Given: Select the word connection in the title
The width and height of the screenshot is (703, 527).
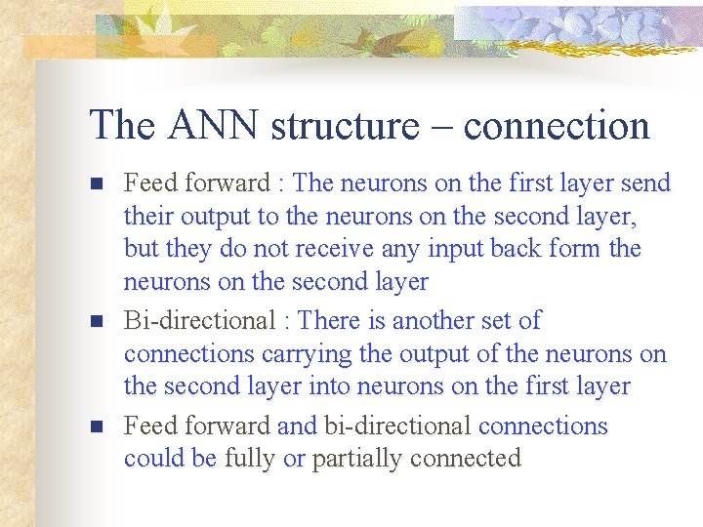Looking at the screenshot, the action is click(557, 126).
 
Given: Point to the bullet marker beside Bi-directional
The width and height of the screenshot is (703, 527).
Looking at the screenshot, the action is click(96, 321).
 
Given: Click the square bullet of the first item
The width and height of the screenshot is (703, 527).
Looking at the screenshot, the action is click(96, 183).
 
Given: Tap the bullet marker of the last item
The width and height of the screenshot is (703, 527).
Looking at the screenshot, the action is click(96, 427).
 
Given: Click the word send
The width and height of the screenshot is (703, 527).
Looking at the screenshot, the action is click(645, 182).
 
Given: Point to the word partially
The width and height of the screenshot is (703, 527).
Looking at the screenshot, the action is click(351, 459).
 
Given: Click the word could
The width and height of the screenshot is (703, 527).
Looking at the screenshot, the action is click(152, 458).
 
